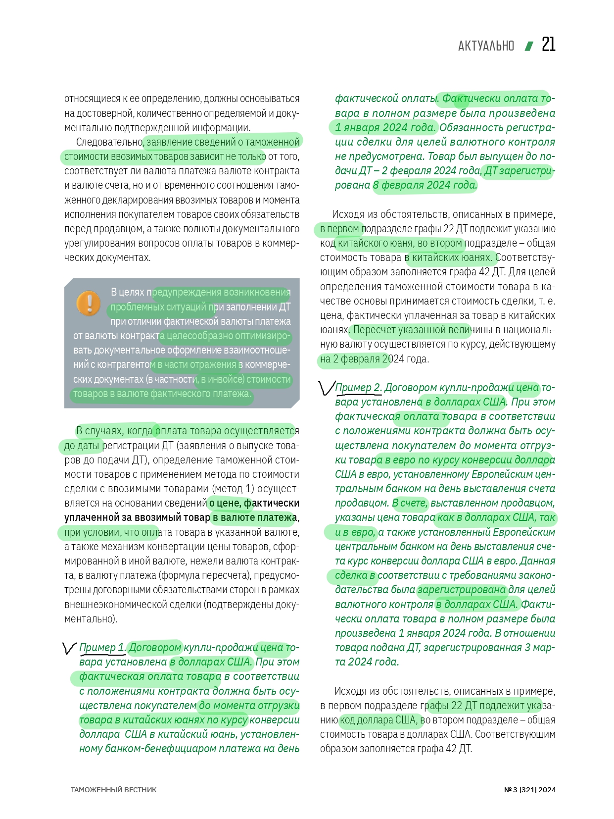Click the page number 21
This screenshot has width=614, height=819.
click(x=548, y=45)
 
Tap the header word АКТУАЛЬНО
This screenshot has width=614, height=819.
click(x=486, y=46)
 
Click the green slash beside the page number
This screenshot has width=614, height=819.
click(x=529, y=46)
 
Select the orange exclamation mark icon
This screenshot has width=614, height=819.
click(x=89, y=303)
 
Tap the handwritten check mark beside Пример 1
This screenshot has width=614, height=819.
click(x=69, y=648)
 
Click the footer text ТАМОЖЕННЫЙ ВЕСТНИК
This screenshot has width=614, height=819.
click(x=113, y=790)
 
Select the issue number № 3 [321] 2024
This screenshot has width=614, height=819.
click(x=529, y=790)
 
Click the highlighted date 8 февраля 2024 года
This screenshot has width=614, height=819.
click(x=425, y=185)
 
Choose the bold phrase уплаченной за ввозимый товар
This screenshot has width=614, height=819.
click(x=137, y=517)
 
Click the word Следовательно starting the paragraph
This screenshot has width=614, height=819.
click(x=109, y=142)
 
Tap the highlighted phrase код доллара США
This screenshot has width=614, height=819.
click(x=379, y=719)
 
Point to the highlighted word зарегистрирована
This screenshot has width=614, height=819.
click(x=462, y=589)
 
